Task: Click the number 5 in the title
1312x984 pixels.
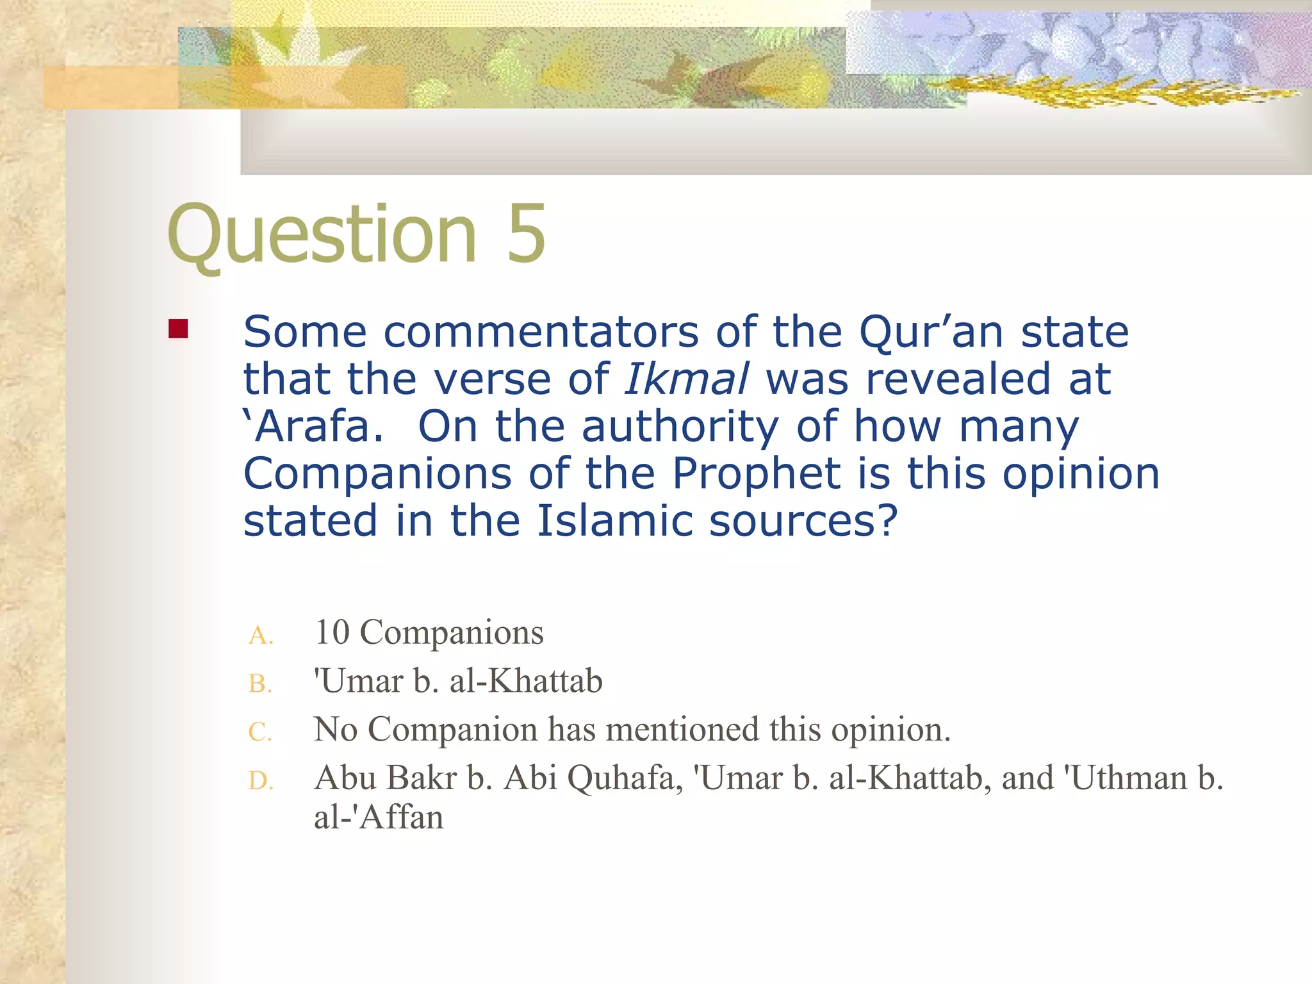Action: (x=526, y=233)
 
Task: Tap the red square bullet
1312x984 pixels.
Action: (x=178, y=329)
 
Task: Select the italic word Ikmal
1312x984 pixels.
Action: (x=686, y=379)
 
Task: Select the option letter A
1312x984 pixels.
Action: (x=260, y=635)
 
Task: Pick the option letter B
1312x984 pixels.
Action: (x=260, y=684)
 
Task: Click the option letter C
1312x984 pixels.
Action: (x=260, y=732)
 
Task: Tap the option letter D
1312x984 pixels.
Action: (x=260, y=781)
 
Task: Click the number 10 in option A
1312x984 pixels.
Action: (x=332, y=632)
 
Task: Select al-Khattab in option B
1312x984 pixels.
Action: (x=526, y=681)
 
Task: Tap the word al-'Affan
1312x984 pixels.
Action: (x=379, y=817)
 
